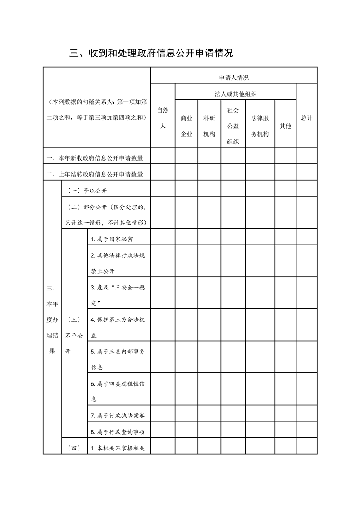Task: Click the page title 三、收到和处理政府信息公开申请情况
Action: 151,53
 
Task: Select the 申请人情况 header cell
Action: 233,78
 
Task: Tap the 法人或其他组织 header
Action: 236,94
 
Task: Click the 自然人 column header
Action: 163,118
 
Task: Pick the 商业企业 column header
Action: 187,126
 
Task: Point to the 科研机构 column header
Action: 209,126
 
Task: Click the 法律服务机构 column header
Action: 260,126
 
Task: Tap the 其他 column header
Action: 285,126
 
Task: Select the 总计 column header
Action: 306,118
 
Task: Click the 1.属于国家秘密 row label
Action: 112,239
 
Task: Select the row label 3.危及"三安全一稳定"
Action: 118,294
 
